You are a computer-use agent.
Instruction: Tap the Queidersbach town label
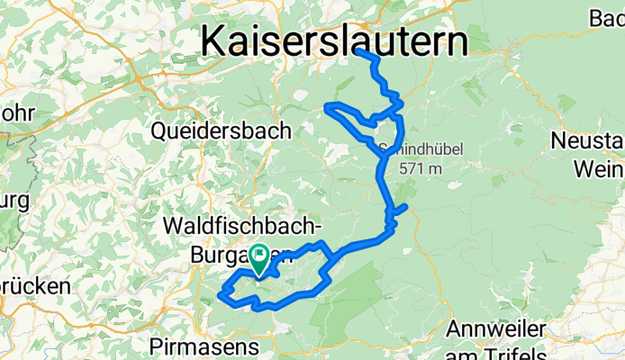[221, 131]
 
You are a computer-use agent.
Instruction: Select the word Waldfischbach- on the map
[242, 223]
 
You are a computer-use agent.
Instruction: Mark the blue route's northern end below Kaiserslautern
[359, 51]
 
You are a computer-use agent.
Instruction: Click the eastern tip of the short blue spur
[407, 207]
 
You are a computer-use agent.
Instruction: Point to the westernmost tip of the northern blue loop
[326, 109]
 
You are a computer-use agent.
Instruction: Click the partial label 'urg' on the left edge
[14, 199]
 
